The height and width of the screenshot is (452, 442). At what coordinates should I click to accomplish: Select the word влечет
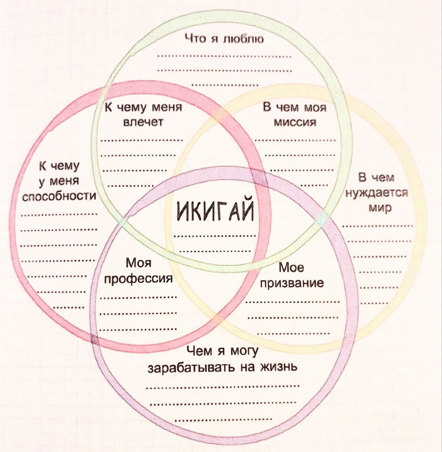(x=142, y=122)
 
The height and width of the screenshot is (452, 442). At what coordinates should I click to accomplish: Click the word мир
(x=379, y=208)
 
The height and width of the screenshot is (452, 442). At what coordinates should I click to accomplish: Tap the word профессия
(x=138, y=279)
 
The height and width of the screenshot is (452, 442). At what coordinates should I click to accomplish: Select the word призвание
(x=292, y=283)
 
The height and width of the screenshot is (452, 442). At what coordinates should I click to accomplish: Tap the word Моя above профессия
(x=138, y=263)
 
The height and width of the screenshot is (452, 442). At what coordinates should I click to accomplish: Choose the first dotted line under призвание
(x=292, y=302)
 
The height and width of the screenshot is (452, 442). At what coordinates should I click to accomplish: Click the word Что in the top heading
(x=195, y=38)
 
